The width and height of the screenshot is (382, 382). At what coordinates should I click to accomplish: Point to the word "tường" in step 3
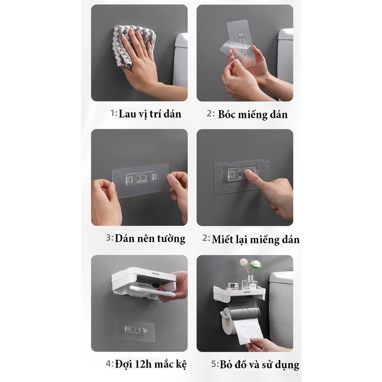169,238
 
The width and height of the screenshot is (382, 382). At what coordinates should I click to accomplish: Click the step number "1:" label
113,114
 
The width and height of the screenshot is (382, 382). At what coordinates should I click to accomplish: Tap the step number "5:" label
215,364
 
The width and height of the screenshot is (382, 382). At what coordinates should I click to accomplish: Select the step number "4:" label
110,363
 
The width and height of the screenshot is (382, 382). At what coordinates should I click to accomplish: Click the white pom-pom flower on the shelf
255,265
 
